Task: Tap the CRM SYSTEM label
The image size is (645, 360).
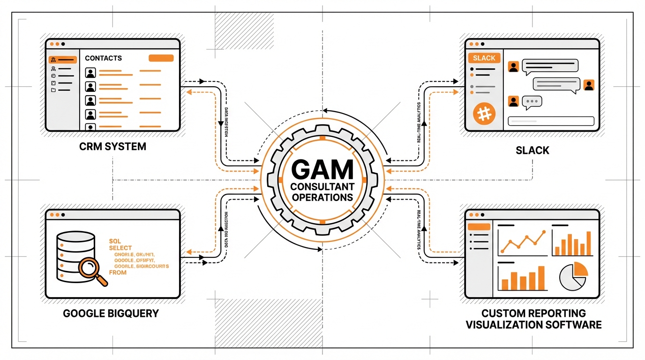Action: click(x=112, y=146)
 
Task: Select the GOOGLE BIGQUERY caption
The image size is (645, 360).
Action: click(x=111, y=313)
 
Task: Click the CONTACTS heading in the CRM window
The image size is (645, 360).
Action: click(x=103, y=58)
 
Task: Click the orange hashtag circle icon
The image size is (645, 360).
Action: click(x=484, y=114)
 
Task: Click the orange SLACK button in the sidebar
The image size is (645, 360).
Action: click(x=484, y=58)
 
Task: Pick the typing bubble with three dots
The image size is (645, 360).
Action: click(x=532, y=102)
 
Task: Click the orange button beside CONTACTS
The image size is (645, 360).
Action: click(x=161, y=58)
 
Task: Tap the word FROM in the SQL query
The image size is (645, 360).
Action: click(x=118, y=272)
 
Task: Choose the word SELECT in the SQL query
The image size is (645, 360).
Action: click(x=120, y=247)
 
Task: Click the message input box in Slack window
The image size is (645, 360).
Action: click(x=551, y=121)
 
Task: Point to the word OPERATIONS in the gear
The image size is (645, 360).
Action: click(x=322, y=197)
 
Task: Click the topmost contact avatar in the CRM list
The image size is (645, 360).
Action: click(x=90, y=73)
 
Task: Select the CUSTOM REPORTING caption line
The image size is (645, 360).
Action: click(x=533, y=313)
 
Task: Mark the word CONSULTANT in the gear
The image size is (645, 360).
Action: click(x=322, y=186)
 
